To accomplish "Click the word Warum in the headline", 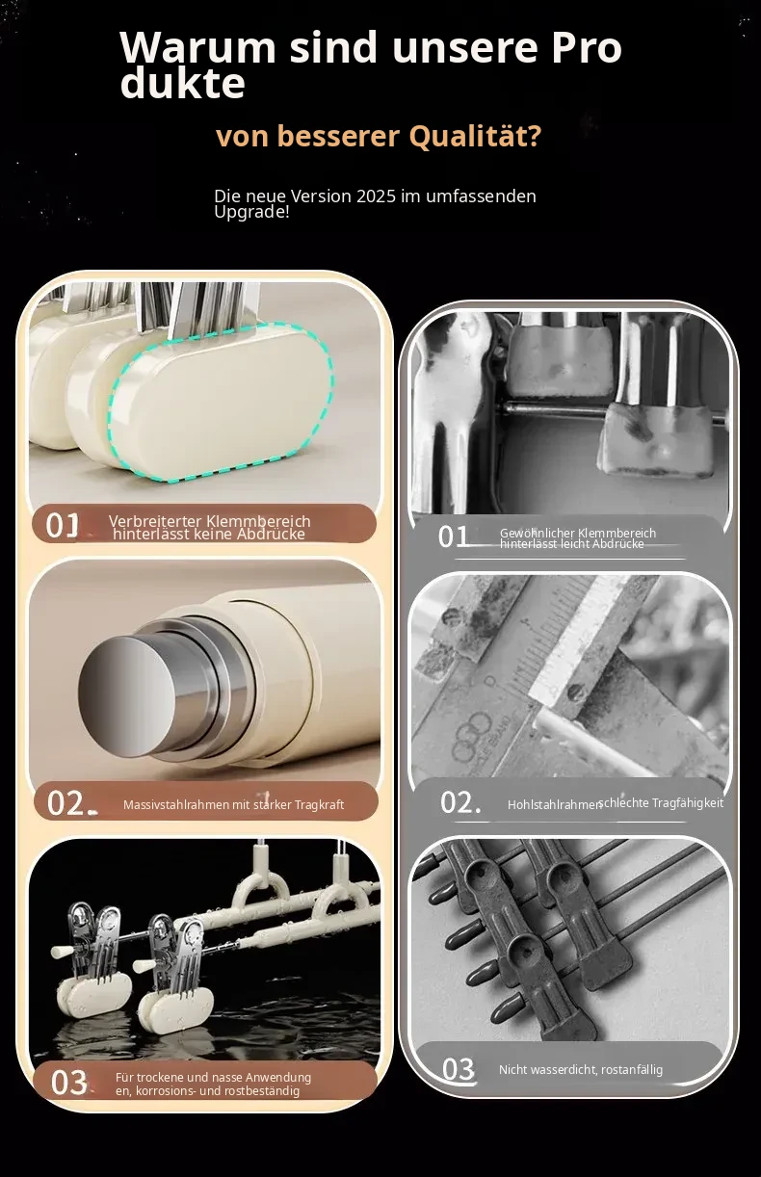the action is coord(197,48).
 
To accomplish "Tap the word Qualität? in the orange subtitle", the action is coord(475,136).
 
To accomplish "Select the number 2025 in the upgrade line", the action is coord(376,196).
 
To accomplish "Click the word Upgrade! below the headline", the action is coord(251,212).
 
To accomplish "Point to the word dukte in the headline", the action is coord(182,83).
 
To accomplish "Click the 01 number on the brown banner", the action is coord(63,526).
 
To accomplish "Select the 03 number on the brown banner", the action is coord(68,1083).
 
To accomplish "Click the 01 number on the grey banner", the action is coord(453,537).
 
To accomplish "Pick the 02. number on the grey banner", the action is coord(460,803).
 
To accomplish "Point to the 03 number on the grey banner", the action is coord(459,1069).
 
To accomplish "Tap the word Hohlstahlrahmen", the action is coord(555,805).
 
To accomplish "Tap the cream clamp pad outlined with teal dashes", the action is coord(222,402).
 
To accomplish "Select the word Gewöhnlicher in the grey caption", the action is coord(534,533).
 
